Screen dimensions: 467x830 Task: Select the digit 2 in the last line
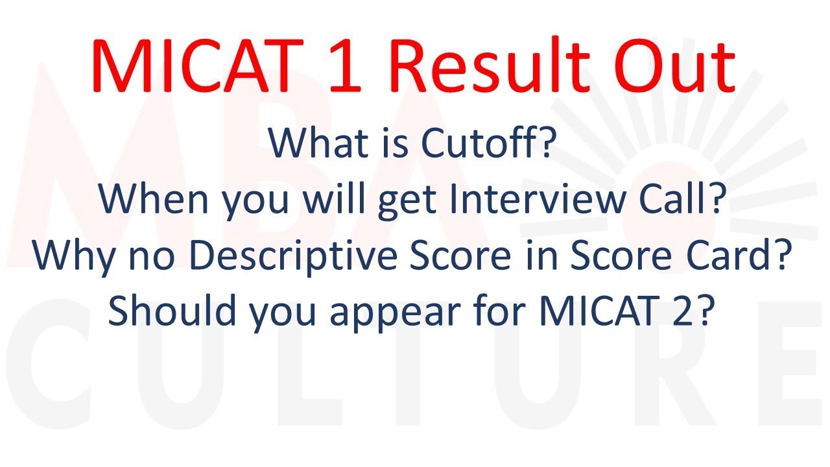(x=695, y=311)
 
